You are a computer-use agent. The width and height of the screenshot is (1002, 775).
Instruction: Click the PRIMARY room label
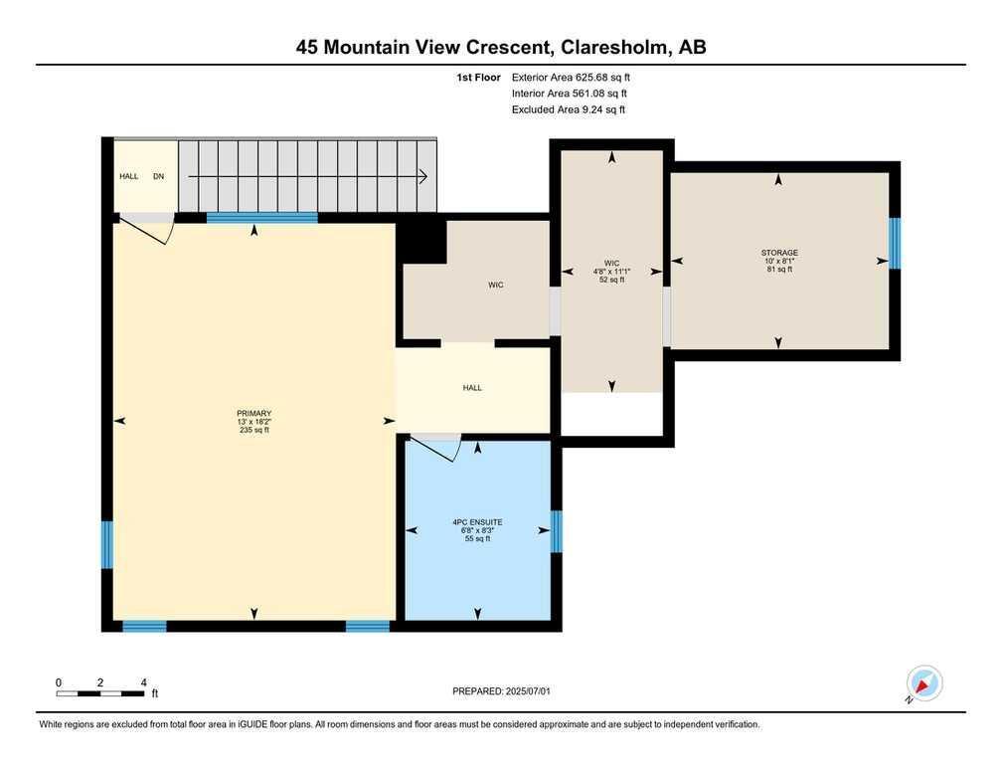click(x=253, y=414)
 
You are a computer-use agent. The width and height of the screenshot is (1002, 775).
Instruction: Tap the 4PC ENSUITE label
click(x=477, y=522)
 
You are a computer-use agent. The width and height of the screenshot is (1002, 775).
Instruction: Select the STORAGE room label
click(x=779, y=253)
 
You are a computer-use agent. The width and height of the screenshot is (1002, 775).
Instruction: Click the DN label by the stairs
click(x=158, y=176)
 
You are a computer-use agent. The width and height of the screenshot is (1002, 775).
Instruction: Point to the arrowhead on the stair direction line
click(x=423, y=176)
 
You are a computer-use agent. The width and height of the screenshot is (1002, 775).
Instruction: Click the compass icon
click(x=924, y=682)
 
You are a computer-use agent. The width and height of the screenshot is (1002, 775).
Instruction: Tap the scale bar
click(x=100, y=693)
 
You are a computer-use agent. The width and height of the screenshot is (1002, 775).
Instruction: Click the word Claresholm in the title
click(x=615, y=47)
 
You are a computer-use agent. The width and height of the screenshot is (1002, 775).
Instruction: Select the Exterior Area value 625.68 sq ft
click(x=602, y=78)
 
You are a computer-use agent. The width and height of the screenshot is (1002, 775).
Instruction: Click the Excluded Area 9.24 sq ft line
click(x=569, y=109)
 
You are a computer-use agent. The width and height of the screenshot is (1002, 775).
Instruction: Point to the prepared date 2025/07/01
click(x=528, y=691)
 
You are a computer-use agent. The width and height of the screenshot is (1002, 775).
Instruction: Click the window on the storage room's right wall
click(x=896, y=244)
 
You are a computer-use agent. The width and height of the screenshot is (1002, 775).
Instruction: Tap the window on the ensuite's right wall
click(x=557, y=531)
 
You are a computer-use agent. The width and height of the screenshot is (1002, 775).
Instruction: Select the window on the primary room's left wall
click(x=107, y=545)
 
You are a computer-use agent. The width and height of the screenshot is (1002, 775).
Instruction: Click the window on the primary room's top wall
click(x=262, y=218)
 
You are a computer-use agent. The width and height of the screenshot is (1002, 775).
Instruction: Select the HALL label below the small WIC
click(x=472, y=388)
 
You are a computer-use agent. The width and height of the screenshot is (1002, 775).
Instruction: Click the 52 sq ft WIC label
click(x=611, y=272)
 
